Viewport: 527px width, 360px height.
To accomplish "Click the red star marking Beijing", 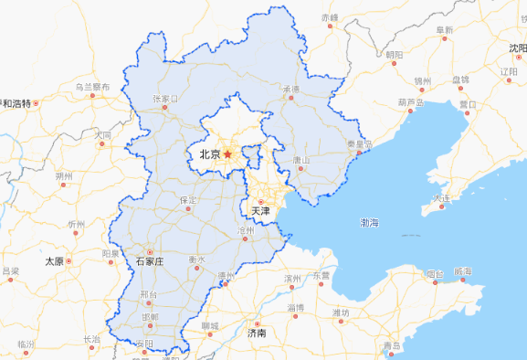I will tap(227, 154).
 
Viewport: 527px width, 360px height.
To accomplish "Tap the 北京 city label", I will tap(209, 155).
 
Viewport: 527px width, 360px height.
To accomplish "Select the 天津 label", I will tap(260, 211).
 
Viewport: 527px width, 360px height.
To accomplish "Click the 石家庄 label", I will tap(148, 261).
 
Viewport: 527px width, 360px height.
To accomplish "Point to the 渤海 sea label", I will tap(369, 222).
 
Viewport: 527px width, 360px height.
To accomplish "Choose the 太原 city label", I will tap(54, 261).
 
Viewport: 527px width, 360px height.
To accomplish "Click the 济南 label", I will tap(258, 334).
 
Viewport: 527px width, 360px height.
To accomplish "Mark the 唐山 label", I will tap(300, 160).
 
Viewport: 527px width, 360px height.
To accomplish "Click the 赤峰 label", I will tap(330, 17).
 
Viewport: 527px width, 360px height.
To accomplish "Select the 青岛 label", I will tap(392, 345).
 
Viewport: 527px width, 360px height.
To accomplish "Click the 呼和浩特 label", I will tap(17, 102).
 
